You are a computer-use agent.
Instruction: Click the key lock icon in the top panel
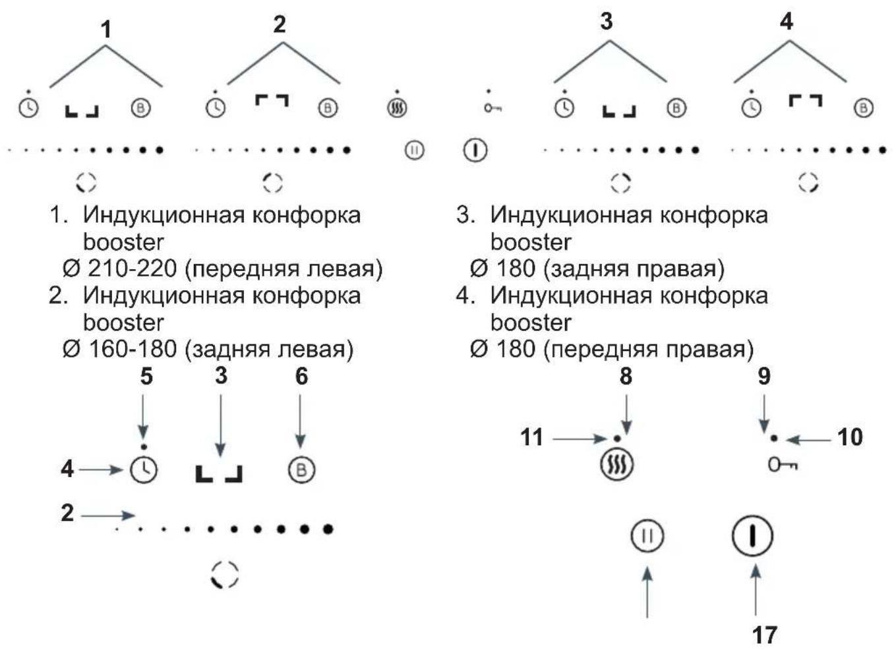[493, 108]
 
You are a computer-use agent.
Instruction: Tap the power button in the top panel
[475, 150]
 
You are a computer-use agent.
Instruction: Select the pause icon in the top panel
[414, 150]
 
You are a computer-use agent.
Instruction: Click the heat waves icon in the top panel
[397, 108]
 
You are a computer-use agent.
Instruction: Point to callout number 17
[764, 635]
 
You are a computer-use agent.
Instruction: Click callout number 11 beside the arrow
[531, 437]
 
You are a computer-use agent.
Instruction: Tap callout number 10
[851, 437]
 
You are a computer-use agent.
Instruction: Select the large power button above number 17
[752, 536]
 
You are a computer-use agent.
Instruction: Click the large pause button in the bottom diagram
[647, 536]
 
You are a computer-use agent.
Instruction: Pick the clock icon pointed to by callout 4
[144, 470]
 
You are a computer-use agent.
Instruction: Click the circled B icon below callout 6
[301, 470]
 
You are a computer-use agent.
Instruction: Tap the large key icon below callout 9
[783, 465]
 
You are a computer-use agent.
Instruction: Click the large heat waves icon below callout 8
[617, 465]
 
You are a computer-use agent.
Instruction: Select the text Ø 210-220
[119, 268]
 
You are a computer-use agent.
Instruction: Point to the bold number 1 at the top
[105, 30]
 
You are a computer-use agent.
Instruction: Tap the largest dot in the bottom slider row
[328, 530]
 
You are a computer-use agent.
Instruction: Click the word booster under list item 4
[531, 323]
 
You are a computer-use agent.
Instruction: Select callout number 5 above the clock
[146, 376]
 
